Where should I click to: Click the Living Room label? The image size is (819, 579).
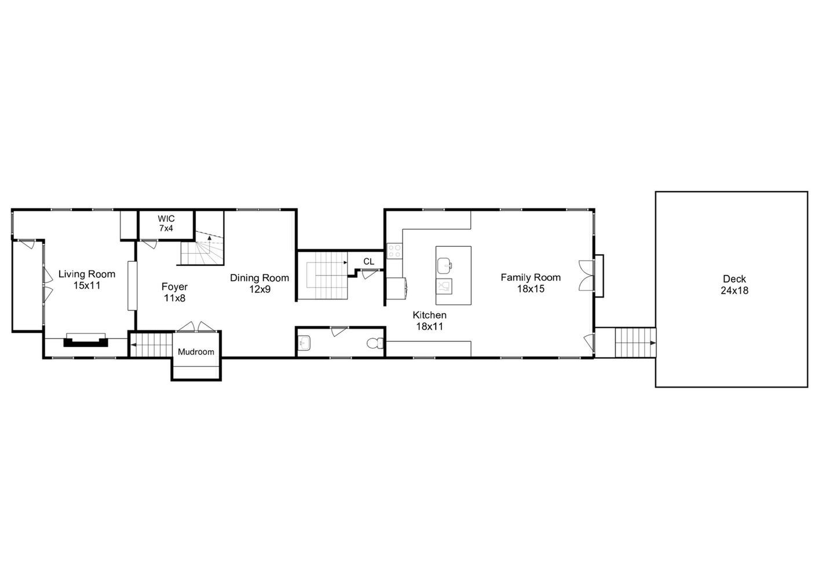click(x=87, y=274)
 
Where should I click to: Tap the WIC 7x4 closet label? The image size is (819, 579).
click(x=166, y=223)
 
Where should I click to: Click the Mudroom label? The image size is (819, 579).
click(x=196, y=352)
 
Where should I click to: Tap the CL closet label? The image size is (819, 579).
click(x=369, y=262)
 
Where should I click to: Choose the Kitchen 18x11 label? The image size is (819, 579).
click(x=429, y=321)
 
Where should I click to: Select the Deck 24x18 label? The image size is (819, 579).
click(x=734, y=285)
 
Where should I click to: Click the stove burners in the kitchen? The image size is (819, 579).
click(x=394, y=251)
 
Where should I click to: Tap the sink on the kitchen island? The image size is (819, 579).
click(x=445, y=266)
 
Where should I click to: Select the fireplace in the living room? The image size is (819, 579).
click(x=86, y=340)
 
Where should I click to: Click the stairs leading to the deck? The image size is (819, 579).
click(x=634, y=343)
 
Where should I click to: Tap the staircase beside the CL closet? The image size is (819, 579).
click(x=326, y=276)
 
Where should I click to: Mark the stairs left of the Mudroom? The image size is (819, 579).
click(x=151, y=345)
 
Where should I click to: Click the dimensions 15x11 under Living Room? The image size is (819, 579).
click(x=87, y=285)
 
